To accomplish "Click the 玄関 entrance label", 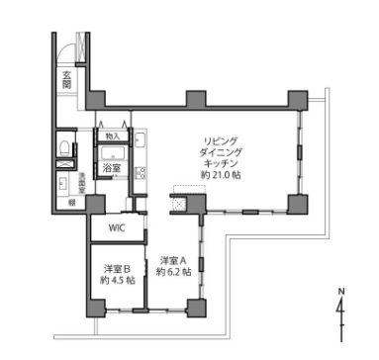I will (x=66, y=78).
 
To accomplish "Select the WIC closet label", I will (x=118, y=227).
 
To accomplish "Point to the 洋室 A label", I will (x=173, y=260).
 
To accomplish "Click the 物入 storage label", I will (x=112, y=135).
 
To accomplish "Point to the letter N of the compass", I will (x=341, y=291).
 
